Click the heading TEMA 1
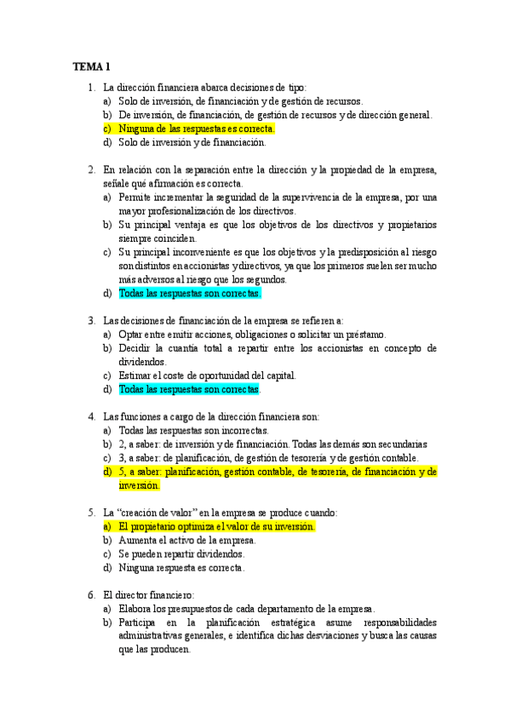tap(91, 66)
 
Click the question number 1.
tap(90, 87)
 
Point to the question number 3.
tap(90, 320)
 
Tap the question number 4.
tap(90, 416)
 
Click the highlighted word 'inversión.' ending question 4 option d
tap(140, 485)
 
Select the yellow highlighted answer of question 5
tap(217, 526)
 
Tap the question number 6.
tap(90, 594)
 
